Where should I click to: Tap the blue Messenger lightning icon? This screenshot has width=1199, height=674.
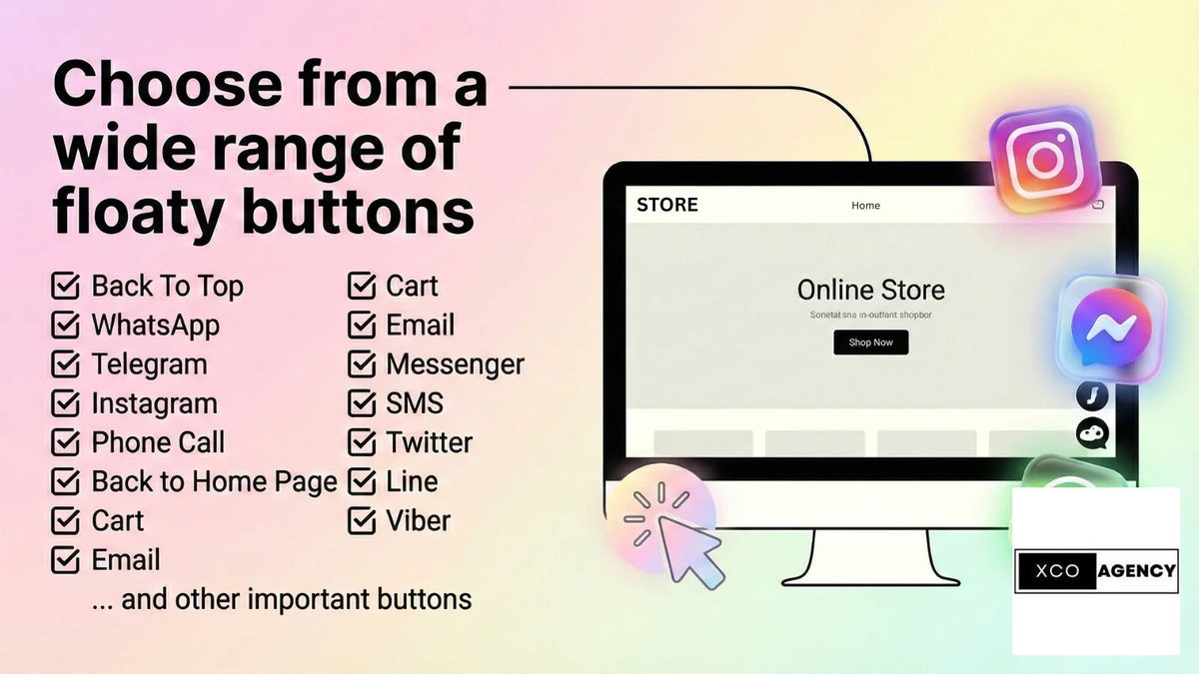pos(1110,329)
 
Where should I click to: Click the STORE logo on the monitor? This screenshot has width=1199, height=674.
pos(667,205)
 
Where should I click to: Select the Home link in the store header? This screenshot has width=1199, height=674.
pos(865,206)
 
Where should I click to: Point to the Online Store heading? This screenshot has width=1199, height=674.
pos(870,291)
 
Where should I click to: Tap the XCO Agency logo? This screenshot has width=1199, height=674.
pos(1095,571)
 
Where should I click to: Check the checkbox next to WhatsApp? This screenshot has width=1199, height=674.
pos(65,326)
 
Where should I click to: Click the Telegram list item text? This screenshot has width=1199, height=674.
pos(149,364)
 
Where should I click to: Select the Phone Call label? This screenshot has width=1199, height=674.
pos(158,442)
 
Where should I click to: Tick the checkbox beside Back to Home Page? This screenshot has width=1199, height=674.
pos(65,482)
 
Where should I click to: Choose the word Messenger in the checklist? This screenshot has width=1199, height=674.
pos(455,364)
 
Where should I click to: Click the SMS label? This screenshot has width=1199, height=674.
pos(415,403)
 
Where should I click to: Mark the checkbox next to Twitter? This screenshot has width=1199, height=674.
pos(361,442)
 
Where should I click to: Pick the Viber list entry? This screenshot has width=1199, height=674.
pos(418,520)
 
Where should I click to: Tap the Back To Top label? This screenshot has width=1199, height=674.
pos(167,287)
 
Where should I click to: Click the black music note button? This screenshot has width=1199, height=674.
pos(1092,396)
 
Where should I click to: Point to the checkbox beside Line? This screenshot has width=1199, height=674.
pos(361,482)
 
